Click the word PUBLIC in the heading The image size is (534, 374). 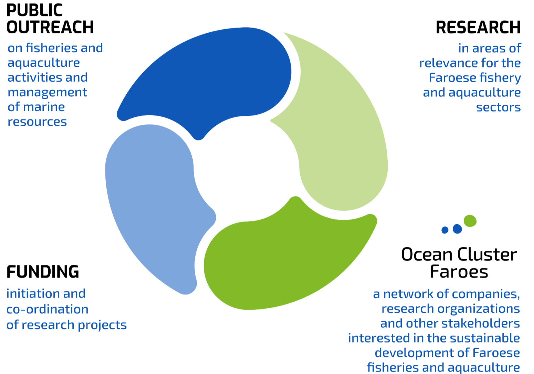34,10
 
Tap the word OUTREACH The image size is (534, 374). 50,27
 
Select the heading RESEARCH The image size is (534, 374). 478,28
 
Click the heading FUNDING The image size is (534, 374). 43,272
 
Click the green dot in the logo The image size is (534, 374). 470,221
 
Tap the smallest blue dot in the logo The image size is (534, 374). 445,230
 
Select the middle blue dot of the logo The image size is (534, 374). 457,229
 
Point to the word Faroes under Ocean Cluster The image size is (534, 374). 459,272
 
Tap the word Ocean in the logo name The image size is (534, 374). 427,254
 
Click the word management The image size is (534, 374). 47,93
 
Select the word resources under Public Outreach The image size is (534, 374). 37,122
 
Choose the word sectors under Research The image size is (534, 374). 498,107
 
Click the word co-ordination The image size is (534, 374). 48,309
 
